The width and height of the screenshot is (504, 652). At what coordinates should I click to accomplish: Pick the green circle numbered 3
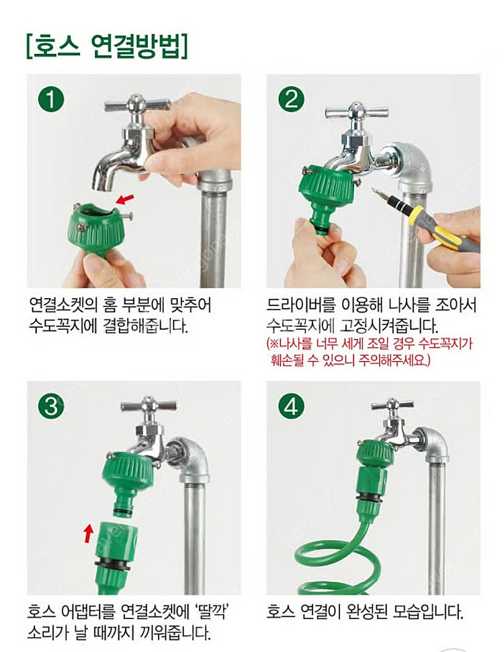[x=51, y=406]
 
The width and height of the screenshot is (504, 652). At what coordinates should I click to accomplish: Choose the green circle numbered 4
[x=291, y=406]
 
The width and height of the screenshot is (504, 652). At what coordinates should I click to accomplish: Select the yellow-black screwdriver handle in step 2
[x=440, y=225]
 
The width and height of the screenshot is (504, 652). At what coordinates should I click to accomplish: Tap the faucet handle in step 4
[x=390, y=406]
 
